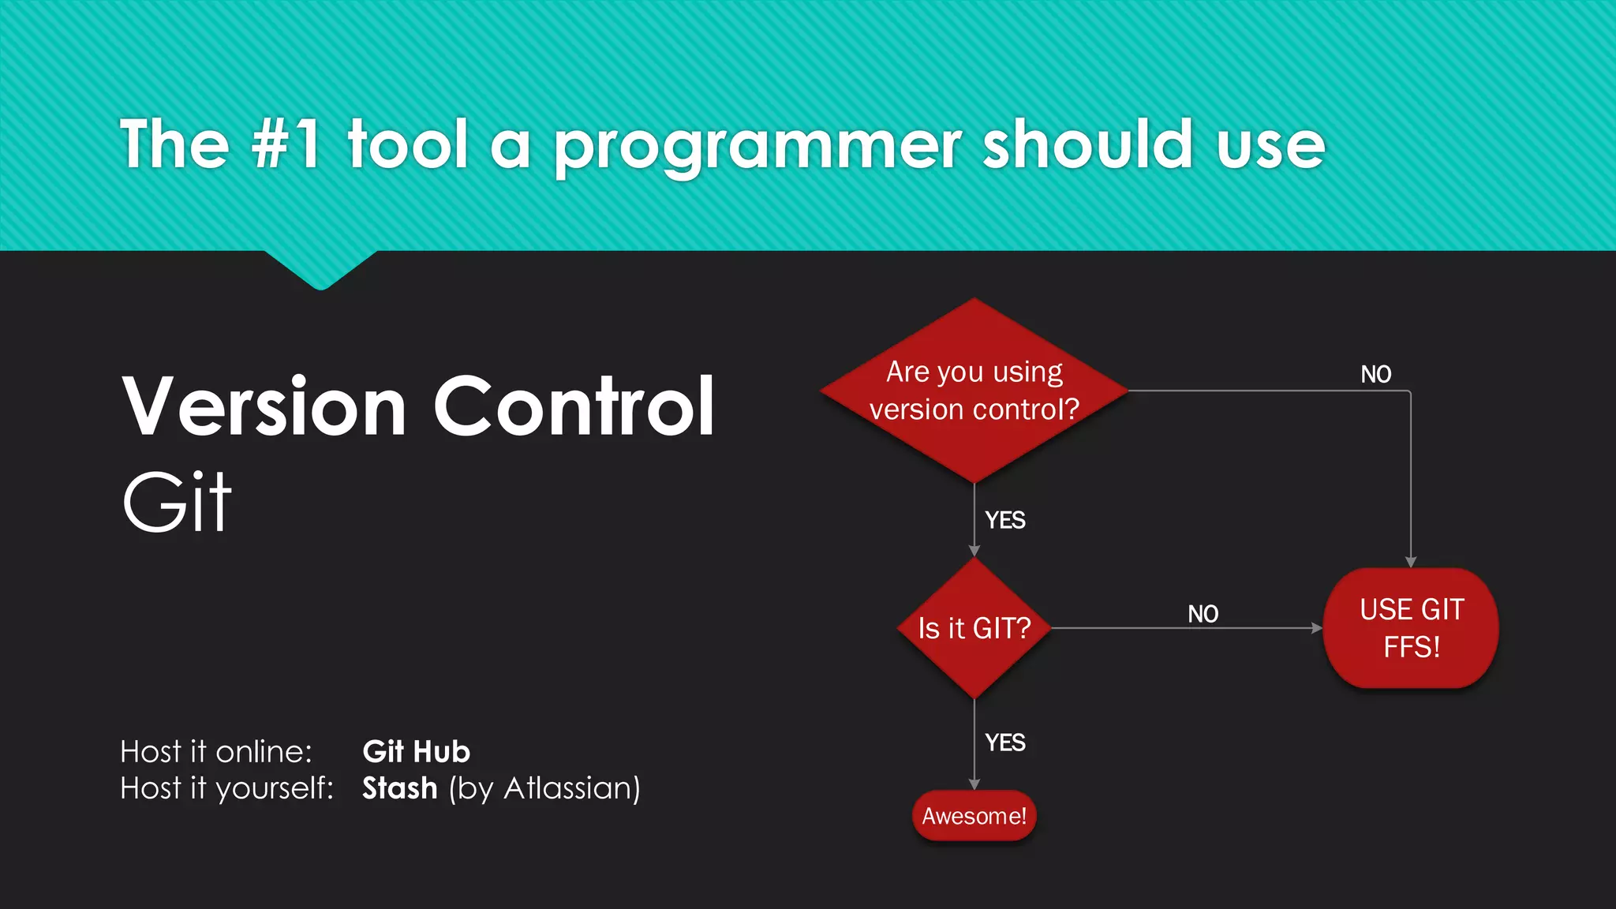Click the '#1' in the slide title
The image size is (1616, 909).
[x=286, y=144]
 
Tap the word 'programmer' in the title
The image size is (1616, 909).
[x=757, y=147]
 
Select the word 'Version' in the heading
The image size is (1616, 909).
[x=264, y=406]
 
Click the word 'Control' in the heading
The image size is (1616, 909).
[x=574, y=406]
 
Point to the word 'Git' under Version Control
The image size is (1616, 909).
[x=177, y=503]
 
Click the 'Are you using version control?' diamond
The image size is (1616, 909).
[x=974, y=391]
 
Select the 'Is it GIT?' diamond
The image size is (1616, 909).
[x=974, y=628]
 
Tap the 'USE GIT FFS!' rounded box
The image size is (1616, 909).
[x=1411, y=628]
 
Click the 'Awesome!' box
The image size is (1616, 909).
[x=974, y=816]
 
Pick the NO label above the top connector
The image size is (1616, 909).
[x=1375, y=374]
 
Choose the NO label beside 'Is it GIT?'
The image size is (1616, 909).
[x=1203, y=614]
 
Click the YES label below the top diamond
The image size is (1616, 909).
[x=1005, y=520]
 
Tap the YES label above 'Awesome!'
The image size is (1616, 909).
[x=1005, y=743]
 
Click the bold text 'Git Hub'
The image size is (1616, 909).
[x=416, y=752]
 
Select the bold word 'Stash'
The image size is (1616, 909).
[x=399, y=788]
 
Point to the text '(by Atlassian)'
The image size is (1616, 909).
[x=544, y=788]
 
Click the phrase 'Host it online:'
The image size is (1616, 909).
[x=216, y=752]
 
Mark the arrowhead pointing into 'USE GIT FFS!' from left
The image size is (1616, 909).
[x=1316, y=628]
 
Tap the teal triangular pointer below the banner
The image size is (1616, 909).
[x=320, y=268]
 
